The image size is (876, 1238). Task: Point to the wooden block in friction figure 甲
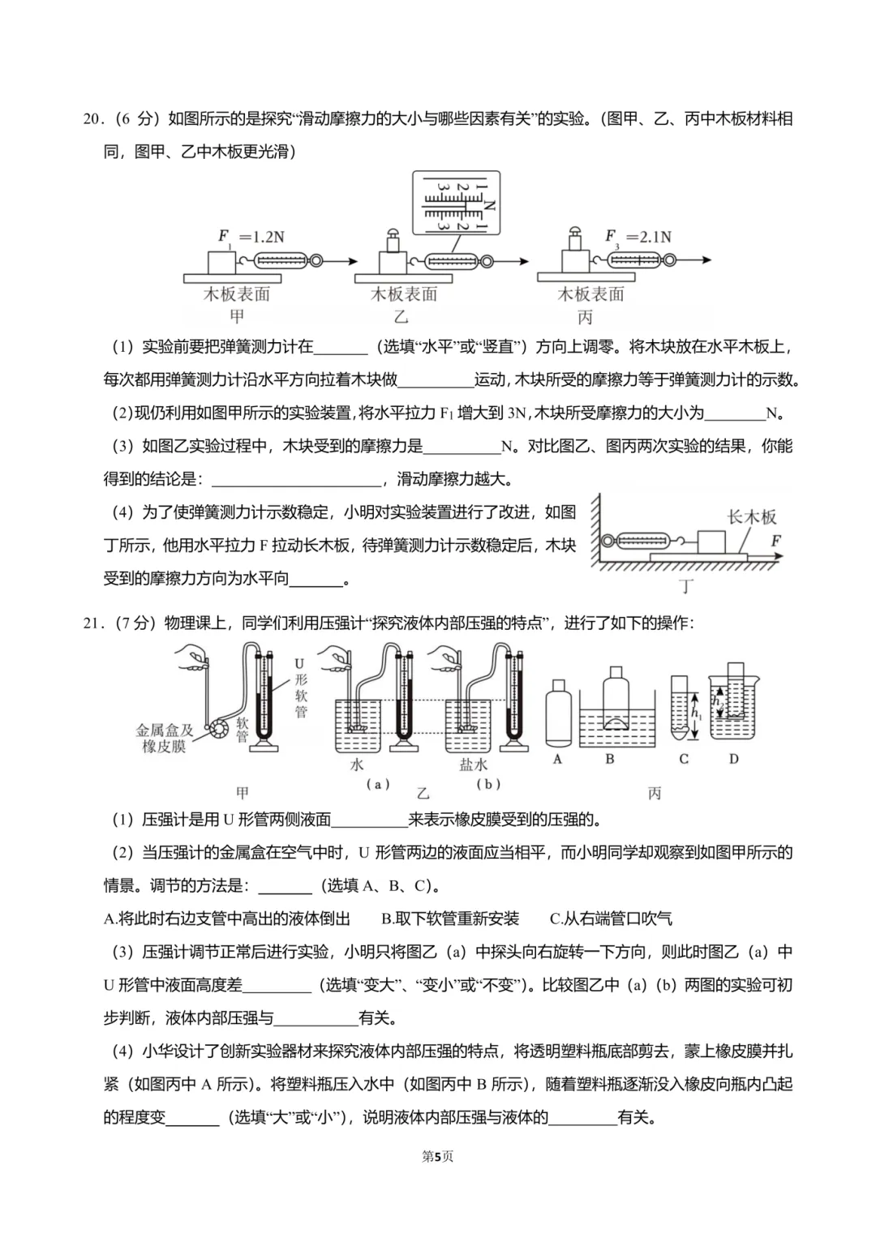pos(221,262)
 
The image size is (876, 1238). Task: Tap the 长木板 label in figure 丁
pos(751,516)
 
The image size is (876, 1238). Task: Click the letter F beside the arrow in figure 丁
pos(776,540)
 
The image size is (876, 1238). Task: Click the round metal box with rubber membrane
pos(219,729)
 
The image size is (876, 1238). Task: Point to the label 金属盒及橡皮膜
pos(165,738)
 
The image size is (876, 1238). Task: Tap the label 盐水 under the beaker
pos(473,765)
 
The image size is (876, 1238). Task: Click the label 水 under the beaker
pos(357,765)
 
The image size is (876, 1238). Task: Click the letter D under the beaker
pos(734,759)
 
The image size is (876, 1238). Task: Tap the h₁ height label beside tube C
pos(697,711)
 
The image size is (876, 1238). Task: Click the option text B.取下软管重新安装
pos(450,919)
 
